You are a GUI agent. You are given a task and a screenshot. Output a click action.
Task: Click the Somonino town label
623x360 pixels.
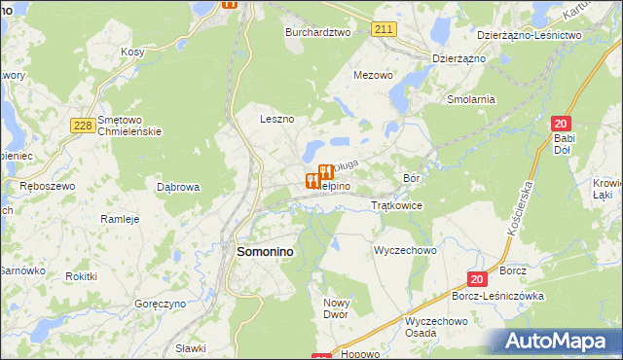(265, 251)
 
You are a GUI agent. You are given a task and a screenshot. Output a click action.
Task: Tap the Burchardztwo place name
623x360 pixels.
(317, 32)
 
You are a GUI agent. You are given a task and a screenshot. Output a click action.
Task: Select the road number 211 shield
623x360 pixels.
(384, 30)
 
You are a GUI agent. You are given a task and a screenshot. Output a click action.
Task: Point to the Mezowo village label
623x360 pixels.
(373, 75)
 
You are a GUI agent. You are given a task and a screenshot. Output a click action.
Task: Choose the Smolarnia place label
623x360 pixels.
(471, 99)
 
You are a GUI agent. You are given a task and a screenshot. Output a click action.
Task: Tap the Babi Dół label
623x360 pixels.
(566, 144)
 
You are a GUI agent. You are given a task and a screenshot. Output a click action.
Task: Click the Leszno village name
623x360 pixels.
(276, 119)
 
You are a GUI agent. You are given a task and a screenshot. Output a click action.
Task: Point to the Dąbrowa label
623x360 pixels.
(178, 186)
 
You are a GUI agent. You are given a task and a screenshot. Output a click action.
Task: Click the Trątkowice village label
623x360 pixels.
(396, 206)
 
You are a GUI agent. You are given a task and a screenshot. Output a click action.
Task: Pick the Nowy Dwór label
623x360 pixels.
(336, 309)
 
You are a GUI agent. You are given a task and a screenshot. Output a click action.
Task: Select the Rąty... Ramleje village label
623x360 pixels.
(121, 219)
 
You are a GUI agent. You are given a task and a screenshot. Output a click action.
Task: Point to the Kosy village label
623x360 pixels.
(132, 52)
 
